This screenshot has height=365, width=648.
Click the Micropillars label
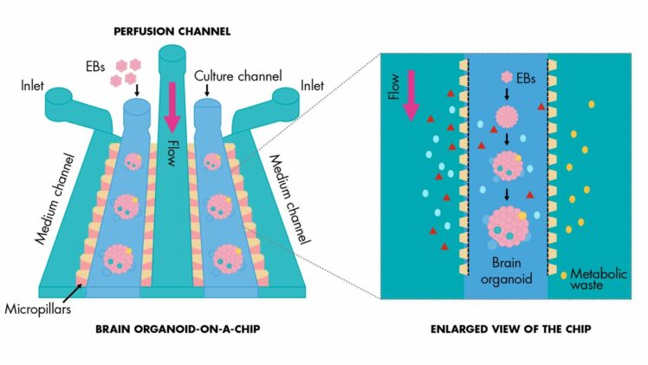click(36, 308)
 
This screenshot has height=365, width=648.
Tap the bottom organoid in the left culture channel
click(119, 257)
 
